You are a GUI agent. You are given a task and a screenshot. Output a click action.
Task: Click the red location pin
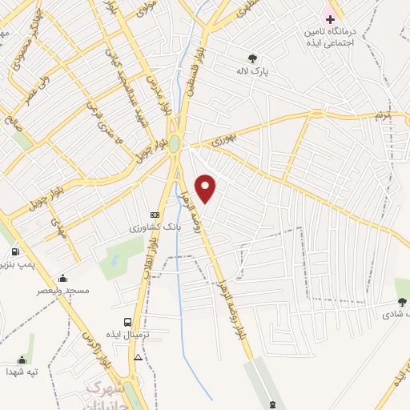coord(206,188)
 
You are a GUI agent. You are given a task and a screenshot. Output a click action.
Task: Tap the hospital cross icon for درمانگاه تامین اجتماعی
coord(330,18)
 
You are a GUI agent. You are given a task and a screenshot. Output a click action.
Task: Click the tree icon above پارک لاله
coord(253,58)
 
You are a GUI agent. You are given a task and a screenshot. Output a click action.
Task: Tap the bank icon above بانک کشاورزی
coord(155,215)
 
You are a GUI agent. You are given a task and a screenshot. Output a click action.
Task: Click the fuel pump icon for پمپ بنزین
coord(14,251)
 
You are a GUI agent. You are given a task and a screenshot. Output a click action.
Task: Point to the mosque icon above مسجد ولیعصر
coord(62,279)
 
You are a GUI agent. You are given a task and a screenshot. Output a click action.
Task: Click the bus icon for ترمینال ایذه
coord(128,322)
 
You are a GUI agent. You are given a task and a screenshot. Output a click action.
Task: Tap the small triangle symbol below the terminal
coord(139,357)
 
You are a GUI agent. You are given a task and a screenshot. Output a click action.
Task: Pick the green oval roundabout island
coord(174,143)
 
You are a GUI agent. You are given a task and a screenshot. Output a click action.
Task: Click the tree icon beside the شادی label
coord(401,302)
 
